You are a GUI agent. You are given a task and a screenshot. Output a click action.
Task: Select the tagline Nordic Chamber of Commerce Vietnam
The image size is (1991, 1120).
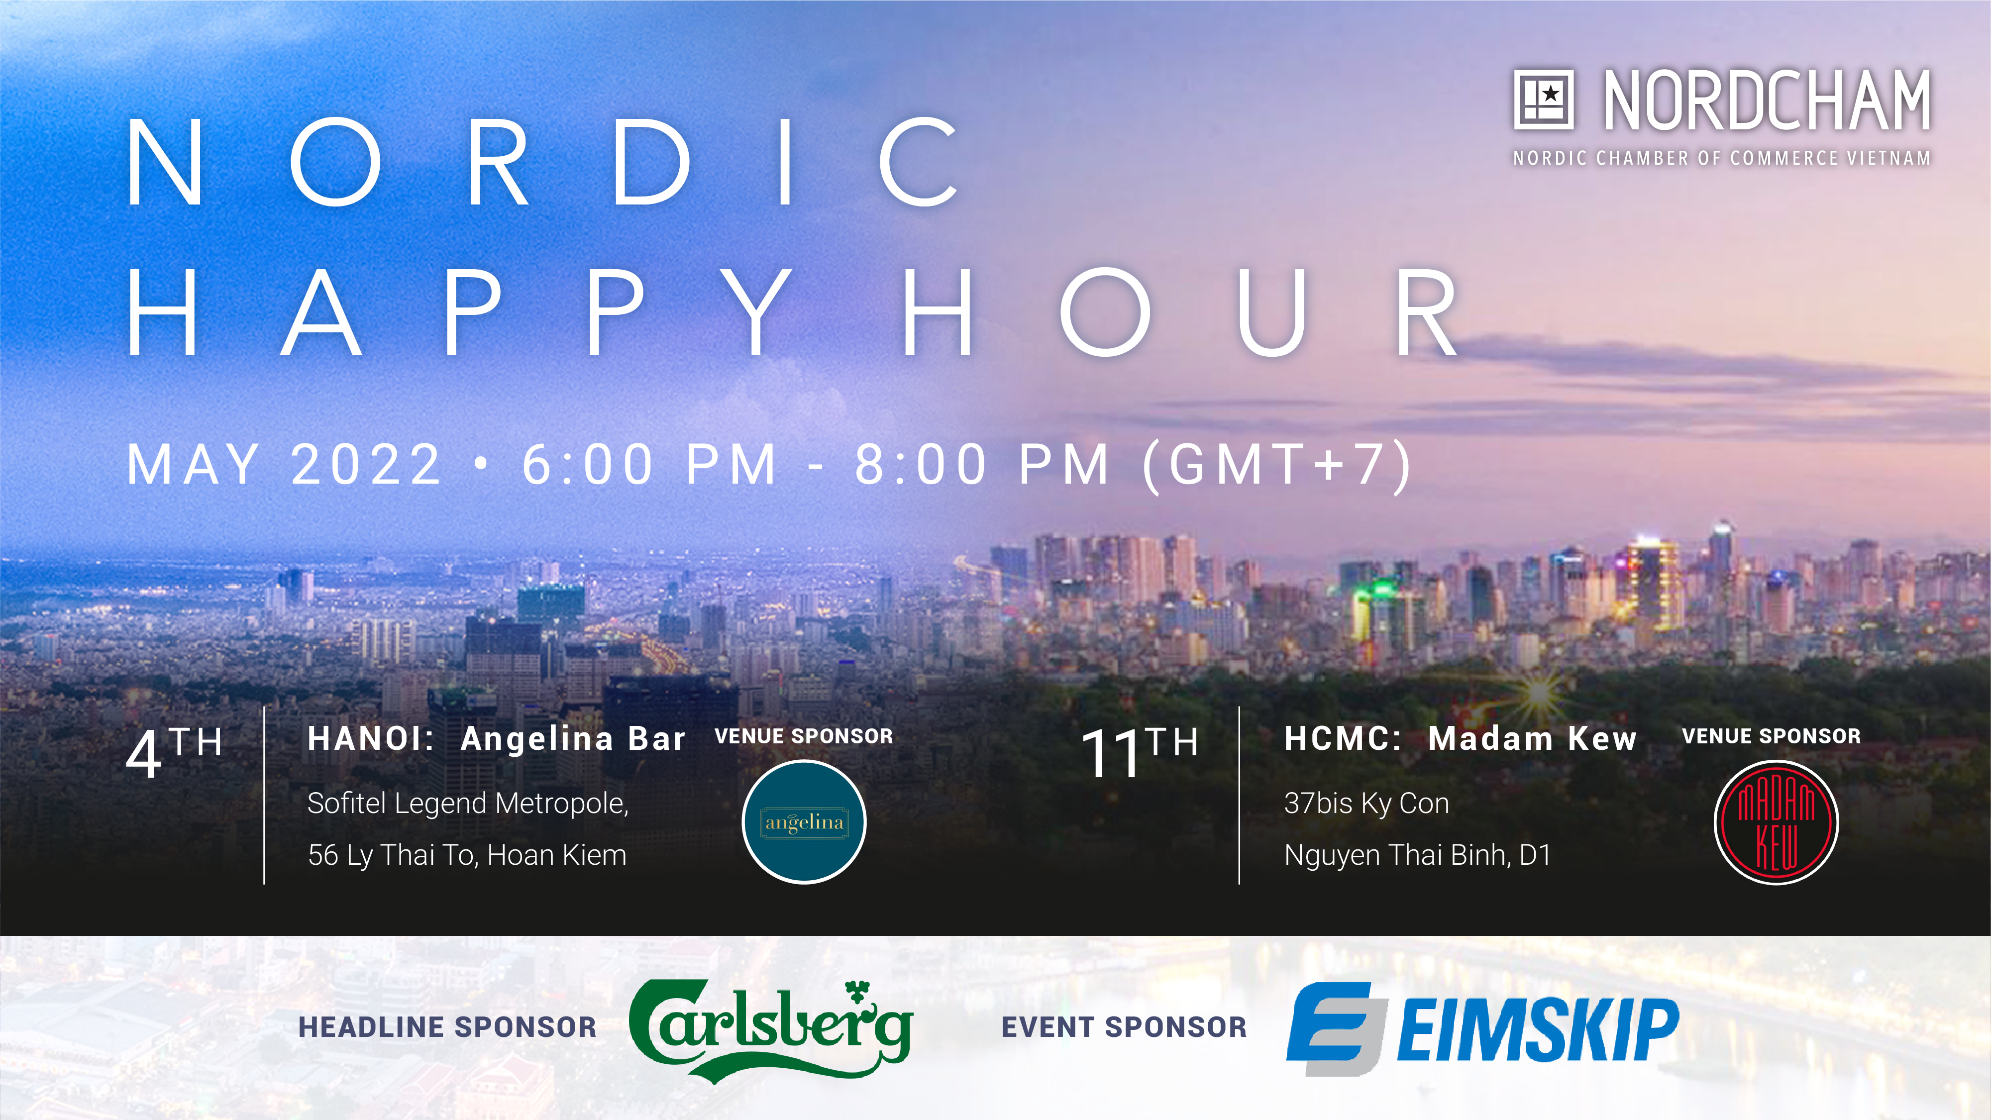coord(1722,158)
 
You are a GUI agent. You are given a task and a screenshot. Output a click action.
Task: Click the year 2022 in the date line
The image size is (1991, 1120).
coord(366,465)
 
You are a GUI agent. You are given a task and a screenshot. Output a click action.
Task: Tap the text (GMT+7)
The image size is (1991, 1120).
coord(1277,465)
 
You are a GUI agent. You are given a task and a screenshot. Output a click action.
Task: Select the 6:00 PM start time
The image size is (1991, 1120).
coord(649,465)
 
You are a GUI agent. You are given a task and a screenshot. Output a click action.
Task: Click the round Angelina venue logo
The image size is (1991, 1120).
coord(804,821)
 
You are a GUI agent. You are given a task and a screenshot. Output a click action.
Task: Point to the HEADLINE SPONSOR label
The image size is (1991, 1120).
coord(447,1027)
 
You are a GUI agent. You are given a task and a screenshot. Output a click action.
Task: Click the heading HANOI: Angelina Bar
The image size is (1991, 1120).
coord(496,739)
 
